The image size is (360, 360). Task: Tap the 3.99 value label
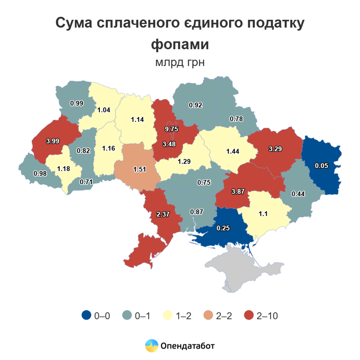(52, 141)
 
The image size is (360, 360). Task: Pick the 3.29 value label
(275, 149)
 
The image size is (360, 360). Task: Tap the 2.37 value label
(162, 214)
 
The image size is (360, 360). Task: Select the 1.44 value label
(233, 152)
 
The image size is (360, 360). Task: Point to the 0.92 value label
(195, 105)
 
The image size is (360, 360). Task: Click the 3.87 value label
(239, 192)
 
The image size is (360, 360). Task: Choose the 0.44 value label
(298, 194)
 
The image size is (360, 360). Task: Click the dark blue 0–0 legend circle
(86, 315)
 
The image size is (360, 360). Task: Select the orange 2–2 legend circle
(208, 315)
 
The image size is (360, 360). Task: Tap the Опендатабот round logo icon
(151, 346)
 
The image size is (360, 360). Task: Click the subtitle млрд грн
(180, 62)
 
